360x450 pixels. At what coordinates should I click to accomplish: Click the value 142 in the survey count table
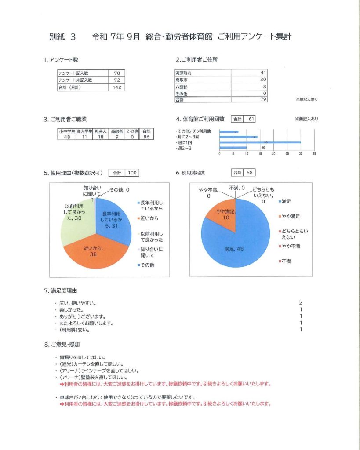(117, 87)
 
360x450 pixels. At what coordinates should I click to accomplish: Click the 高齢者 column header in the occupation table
(117, 131)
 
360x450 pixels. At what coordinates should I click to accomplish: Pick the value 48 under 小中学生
(66, 137)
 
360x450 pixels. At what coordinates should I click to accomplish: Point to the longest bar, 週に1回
(260, 142)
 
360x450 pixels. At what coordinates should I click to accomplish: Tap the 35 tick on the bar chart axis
(314, 154)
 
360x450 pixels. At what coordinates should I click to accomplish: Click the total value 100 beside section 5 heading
(131, 173)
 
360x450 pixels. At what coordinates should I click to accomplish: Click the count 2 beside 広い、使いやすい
(301, 303)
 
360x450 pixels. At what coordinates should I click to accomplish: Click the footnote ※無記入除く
(307, 100)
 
